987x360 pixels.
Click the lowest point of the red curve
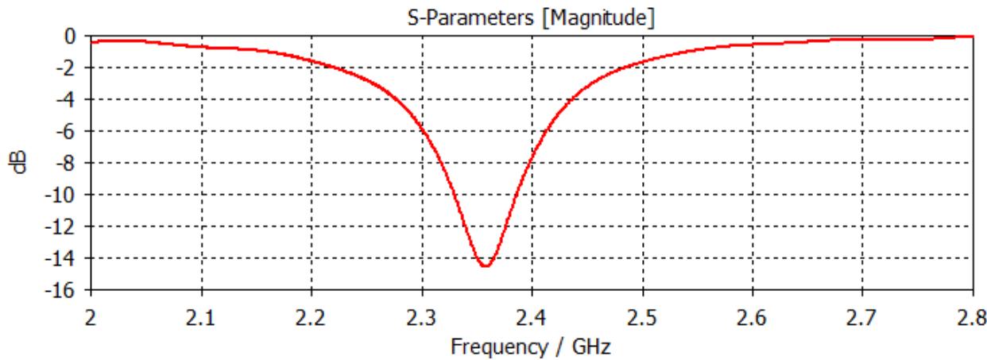pos(485,265)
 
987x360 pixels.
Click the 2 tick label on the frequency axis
pos(92,319)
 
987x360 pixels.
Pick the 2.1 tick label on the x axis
pos(202,319)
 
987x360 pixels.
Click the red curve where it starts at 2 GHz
pos(93,41)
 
